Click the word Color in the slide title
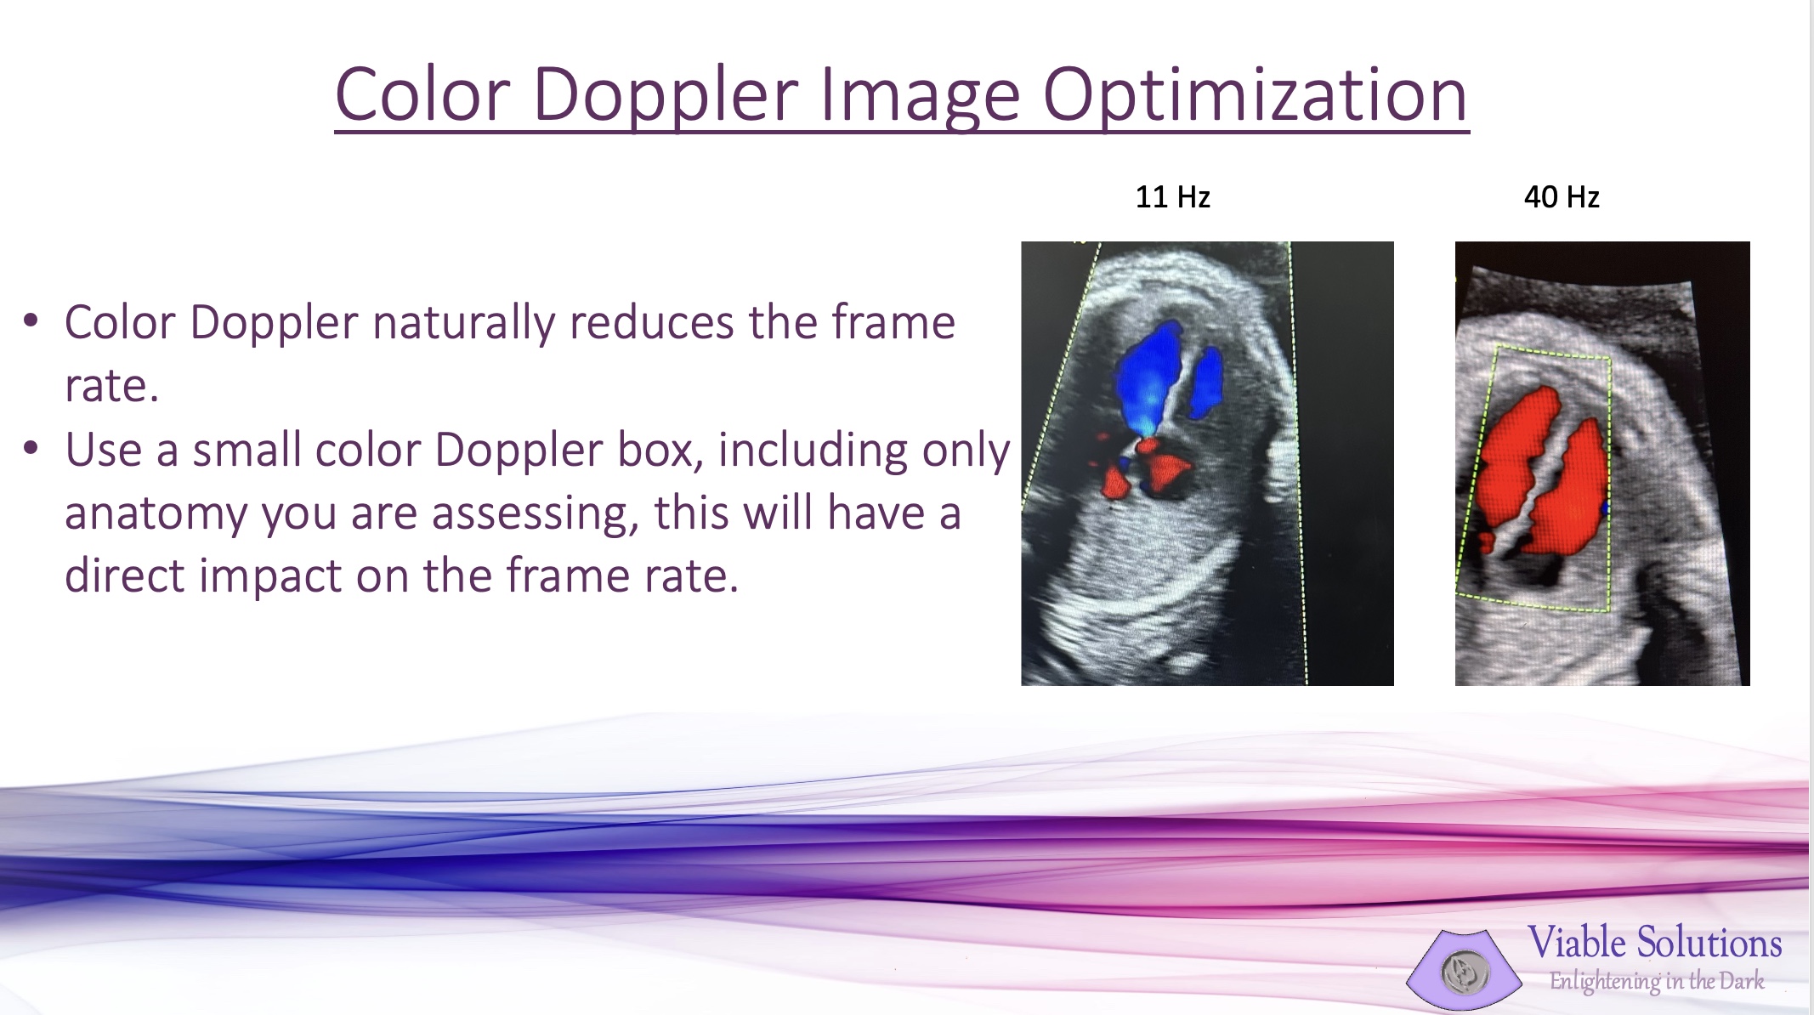[x=422, y=94]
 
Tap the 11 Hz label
[x=1172, y=197]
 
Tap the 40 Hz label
[x=1562, y=197]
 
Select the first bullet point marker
[x=31, y=320]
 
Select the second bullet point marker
[x=31, y=448]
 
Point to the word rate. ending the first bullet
[x=111, y=386]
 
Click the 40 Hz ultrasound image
[x=1602, y=463]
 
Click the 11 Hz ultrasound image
[x=1207, y=463]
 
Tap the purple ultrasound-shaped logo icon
[x=1464, y=970]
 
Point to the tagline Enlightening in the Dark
[x=1657, y=982]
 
